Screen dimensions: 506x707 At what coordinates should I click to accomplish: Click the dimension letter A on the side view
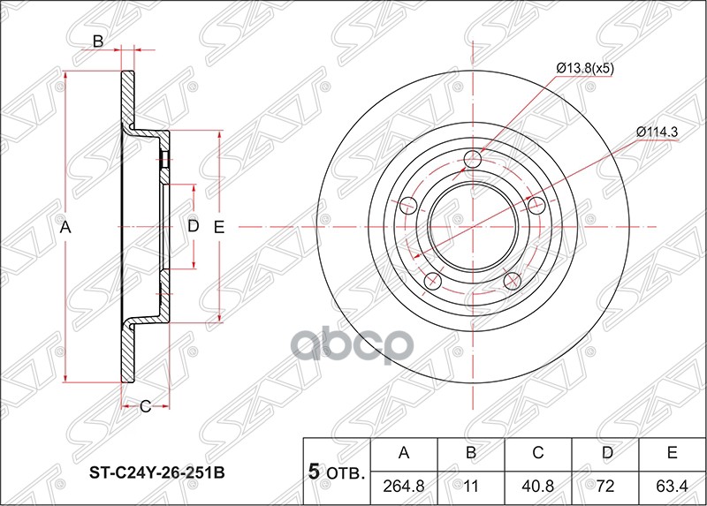click(x=65, y=228)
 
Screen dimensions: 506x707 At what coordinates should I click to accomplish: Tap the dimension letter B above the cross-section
click(x=99, y=41)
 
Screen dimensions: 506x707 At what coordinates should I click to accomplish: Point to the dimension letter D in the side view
click(x=193, y=227)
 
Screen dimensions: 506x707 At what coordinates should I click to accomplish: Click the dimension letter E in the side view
click(x=220, y=227)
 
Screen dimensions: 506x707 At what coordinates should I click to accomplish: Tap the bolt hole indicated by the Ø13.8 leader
click(x=473, y=159)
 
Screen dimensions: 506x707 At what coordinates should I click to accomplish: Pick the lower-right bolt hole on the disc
click(x=512, y=280)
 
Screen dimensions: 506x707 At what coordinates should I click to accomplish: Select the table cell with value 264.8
click(x=404, y=486)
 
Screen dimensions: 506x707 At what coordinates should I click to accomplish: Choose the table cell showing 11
click(x=471, y=486)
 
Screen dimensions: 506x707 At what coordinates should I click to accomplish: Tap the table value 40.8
click(x=538, y=486)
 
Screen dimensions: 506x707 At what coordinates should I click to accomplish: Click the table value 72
click(x=605, y=486)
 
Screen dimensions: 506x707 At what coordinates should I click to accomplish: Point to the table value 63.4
click(x=673, y=486)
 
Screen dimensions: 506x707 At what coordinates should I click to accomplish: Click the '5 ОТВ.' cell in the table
click(x=337, y=472)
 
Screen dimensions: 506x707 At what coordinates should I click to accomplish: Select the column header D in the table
click(x=605, y=454)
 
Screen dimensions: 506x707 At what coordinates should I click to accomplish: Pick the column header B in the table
click(x=471, y=454)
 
